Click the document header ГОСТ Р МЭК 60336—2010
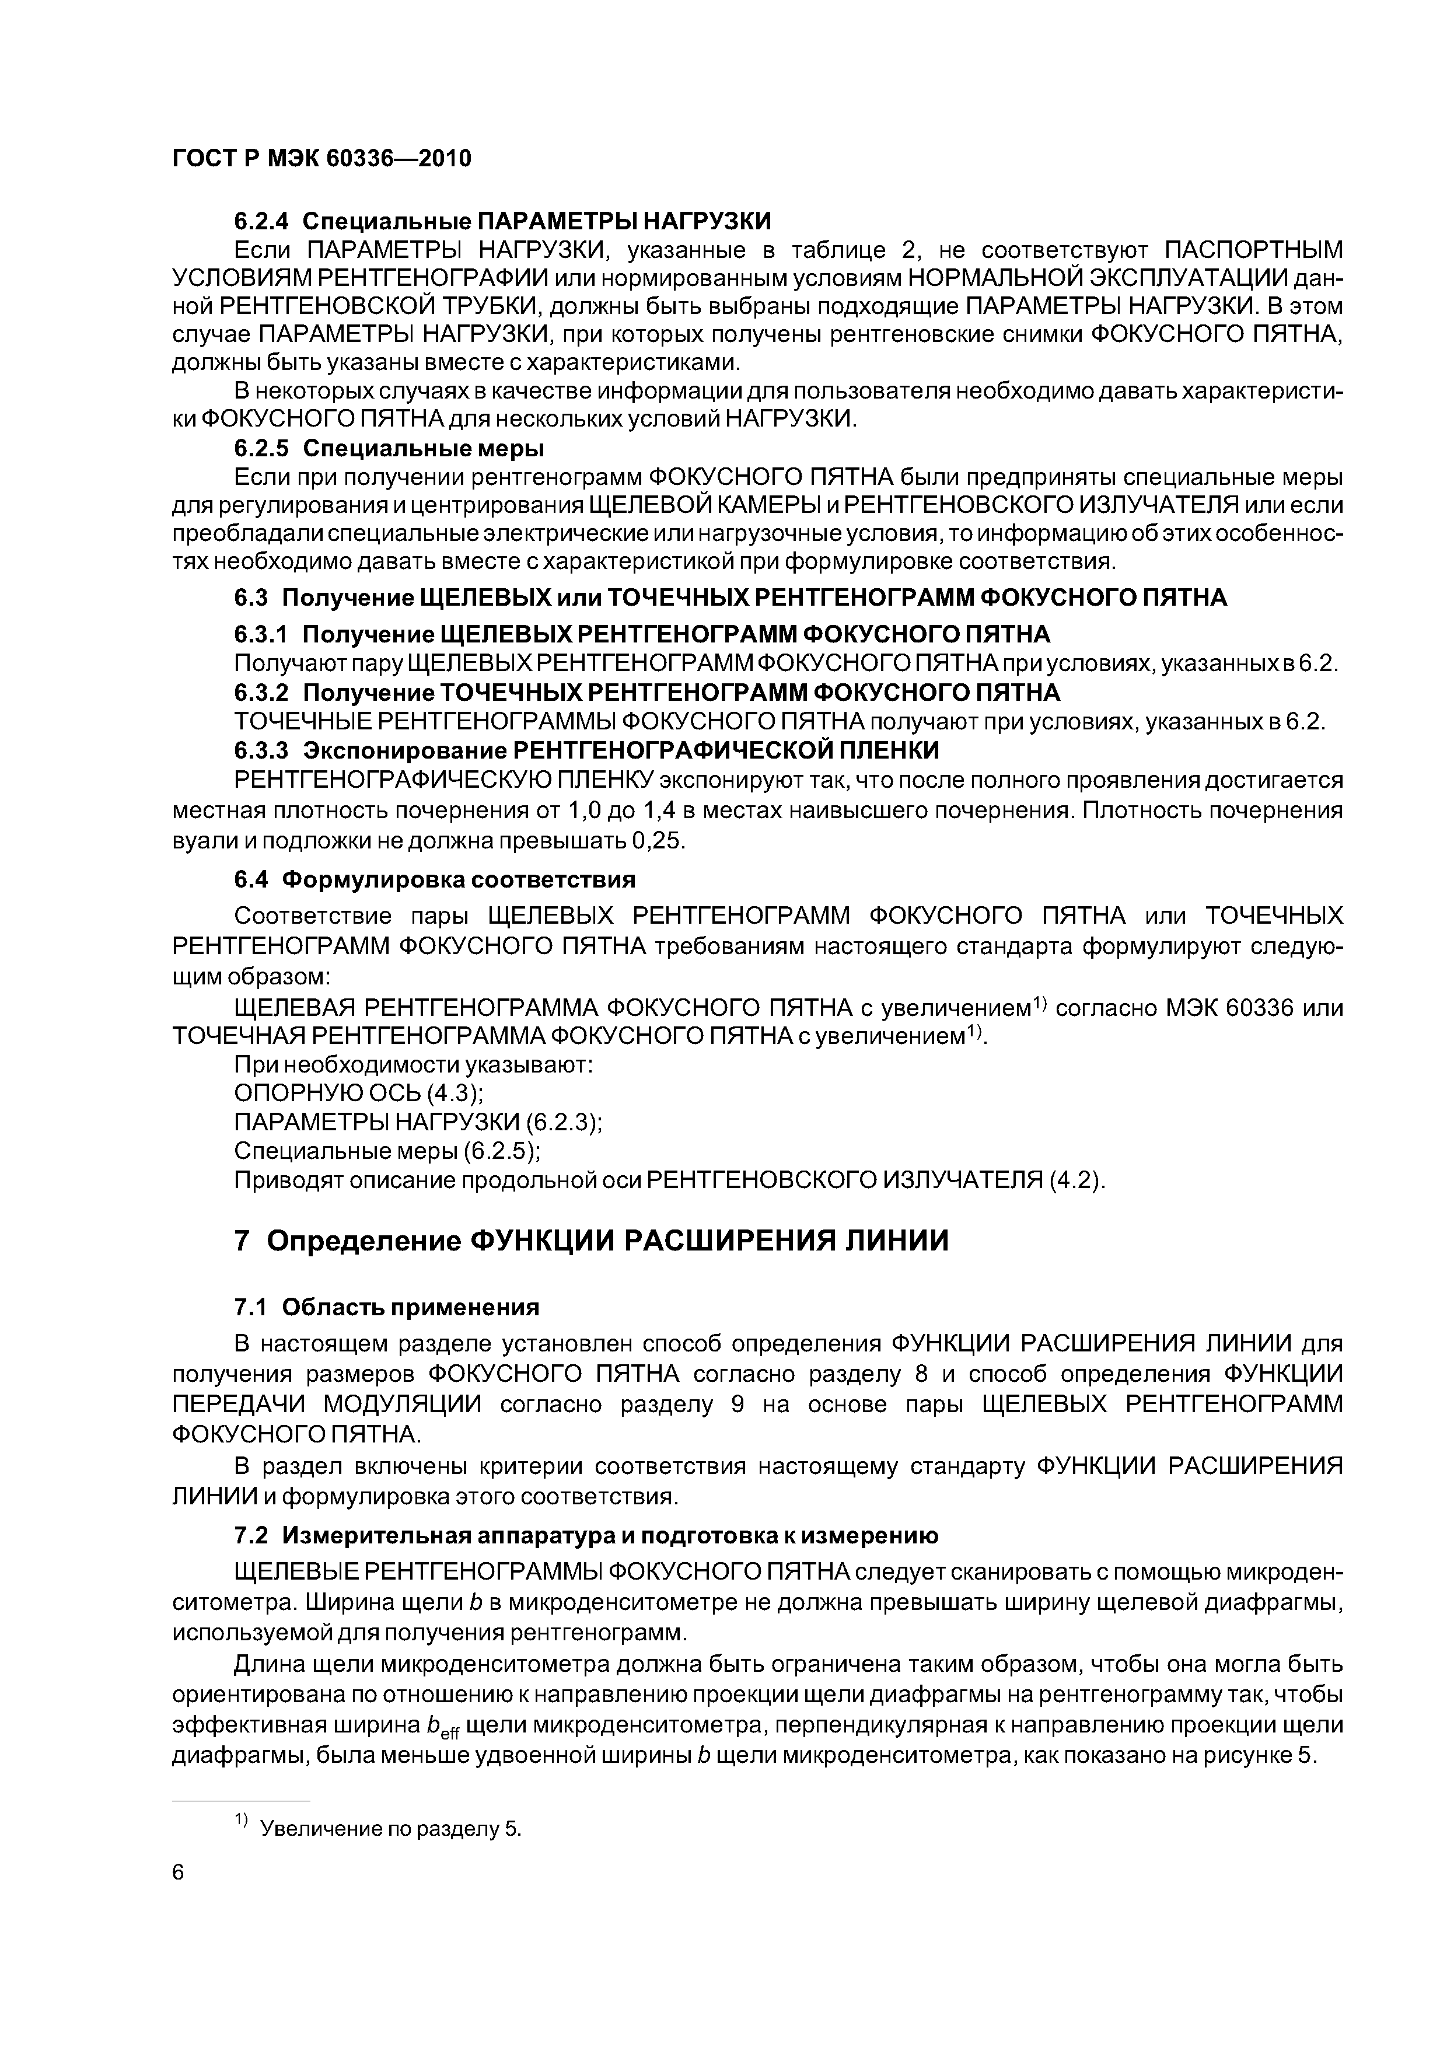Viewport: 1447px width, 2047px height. [x=321, y=159]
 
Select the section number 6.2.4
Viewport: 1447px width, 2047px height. [x=262, y=220]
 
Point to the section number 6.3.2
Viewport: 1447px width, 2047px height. [x=262, y=692]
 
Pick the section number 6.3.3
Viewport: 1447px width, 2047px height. [x=262, y=749]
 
